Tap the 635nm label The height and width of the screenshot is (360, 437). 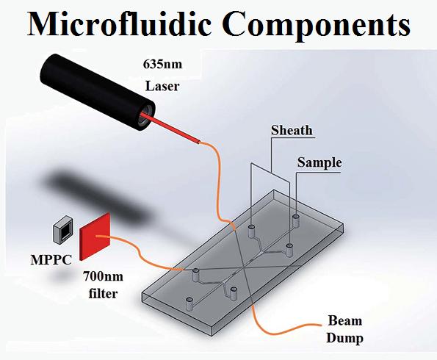(x=162, y=64)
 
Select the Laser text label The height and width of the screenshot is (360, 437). (x=162, y=86)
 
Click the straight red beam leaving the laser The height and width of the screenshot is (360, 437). (x=170, y=128)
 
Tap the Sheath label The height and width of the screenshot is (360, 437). (x=292, y=130)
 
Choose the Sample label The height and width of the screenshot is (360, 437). (x=319, y=162)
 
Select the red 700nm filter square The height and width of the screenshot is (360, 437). (x=95, y=237)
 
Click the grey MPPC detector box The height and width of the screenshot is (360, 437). (x=62, y=228)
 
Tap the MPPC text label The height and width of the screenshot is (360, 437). (x=51, y=260)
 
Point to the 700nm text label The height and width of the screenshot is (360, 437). (x=103, y=277)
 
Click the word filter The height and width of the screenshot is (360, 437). (x=103, y=293)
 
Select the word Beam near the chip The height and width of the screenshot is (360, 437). (x=344, y=320)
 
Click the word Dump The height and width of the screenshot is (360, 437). (x=344, y=338)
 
